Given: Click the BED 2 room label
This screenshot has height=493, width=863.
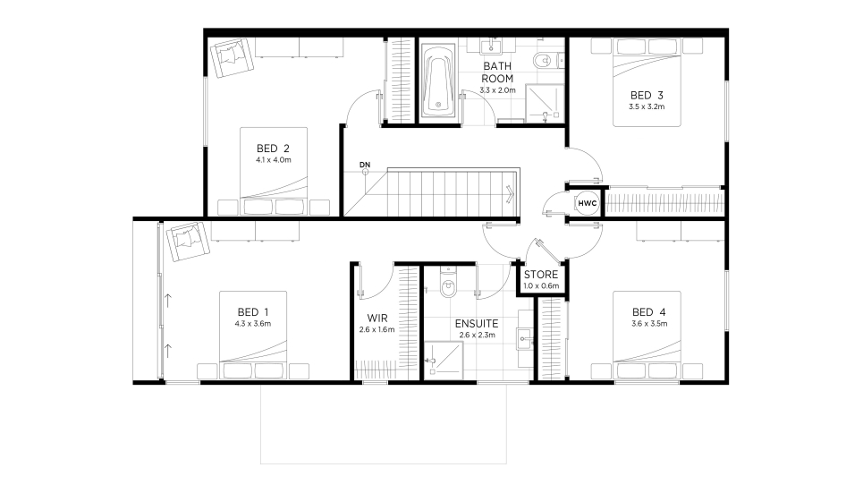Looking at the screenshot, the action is point(273,149).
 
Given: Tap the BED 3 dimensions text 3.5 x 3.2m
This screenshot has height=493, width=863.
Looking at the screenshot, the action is point(647,106).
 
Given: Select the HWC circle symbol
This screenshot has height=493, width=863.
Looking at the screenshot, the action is point(588,203).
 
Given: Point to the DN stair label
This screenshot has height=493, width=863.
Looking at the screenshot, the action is point(365,165).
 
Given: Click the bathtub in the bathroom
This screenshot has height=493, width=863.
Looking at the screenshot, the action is point(438,81).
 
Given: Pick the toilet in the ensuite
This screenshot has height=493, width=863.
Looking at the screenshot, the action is point(449,283).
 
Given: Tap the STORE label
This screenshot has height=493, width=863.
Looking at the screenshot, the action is point(540,275).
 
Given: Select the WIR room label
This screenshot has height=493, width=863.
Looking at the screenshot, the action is point(377,318).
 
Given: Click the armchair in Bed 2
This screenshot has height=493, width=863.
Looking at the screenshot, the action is point(232,57).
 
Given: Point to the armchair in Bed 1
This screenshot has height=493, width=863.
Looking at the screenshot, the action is point(188,242).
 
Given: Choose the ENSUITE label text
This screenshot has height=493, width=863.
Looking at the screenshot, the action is point(477,323).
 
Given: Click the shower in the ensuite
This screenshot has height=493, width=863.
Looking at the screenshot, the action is point(443,361).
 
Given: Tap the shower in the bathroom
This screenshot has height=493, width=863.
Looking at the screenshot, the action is point(545,103).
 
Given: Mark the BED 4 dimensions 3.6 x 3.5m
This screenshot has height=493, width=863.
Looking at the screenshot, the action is point(649,324).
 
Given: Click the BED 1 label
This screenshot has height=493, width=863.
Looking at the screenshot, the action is point(253,311).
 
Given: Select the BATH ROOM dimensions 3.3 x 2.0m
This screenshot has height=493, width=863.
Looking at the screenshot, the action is point(497,89).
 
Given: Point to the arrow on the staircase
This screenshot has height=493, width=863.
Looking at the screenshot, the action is point(511,194).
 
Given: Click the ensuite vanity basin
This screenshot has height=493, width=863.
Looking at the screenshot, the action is point(526,336).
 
